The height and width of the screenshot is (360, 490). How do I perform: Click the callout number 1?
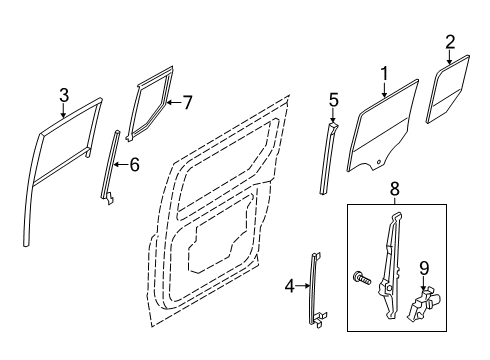pyautogui.click(x=382, y=72)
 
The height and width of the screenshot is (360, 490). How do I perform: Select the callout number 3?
pyautogui.click(x=63, y=95)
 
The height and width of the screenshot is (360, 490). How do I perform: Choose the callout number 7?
pyautogui.click(x=186, y=101)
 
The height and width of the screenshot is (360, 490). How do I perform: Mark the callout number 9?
pyautogui.click(x=423, y=267)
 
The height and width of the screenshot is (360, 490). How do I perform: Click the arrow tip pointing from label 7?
pyautogui.click(x=166, y=101)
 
